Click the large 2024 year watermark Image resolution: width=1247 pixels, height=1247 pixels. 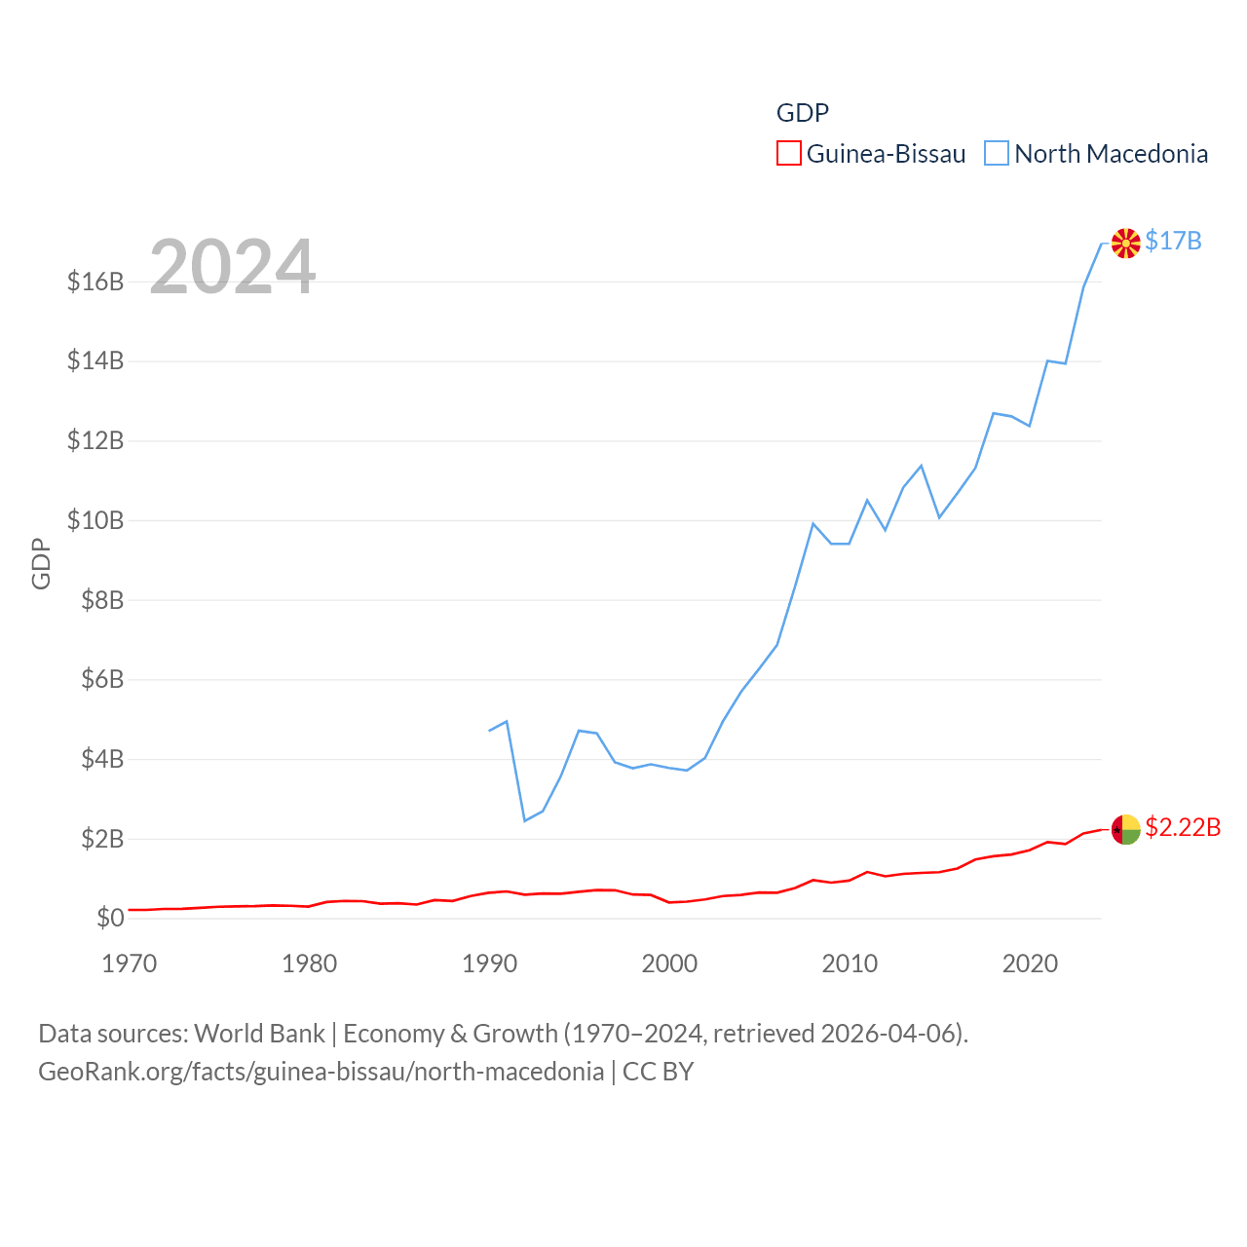pos(232,266)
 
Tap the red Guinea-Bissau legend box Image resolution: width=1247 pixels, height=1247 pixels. pos(788,154)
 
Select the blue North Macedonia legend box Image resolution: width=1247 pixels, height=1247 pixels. pos(996,154)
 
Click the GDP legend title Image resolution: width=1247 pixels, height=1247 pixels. pos(802,113)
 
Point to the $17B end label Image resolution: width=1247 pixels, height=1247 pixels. pos(1173,241)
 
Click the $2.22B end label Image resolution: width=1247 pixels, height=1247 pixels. pos(1182,827)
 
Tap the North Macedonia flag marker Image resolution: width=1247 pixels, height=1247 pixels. pos(1125,244)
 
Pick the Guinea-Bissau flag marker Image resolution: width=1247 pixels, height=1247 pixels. pos(1125,830)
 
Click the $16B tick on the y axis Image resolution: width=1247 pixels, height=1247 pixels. pos(95,282)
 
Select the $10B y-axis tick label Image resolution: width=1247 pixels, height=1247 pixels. pos(95,520)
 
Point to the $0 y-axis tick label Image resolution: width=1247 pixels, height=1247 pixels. pos(110,918)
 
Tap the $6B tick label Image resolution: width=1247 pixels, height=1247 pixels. pos(102,679)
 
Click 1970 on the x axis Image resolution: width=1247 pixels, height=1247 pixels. pos(129,964)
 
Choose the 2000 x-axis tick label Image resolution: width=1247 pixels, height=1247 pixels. pos(669,964)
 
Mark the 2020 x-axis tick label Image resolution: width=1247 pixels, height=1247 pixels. pos(1030,964)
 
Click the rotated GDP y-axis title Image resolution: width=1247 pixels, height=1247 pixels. pos(41,563)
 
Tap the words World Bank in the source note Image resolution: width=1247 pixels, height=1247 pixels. pos(259,1033)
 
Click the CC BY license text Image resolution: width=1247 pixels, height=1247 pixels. pos(658,1072)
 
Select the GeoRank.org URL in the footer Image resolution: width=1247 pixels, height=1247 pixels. pos(321,1072)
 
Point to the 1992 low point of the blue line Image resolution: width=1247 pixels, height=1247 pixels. pos(524,820)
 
